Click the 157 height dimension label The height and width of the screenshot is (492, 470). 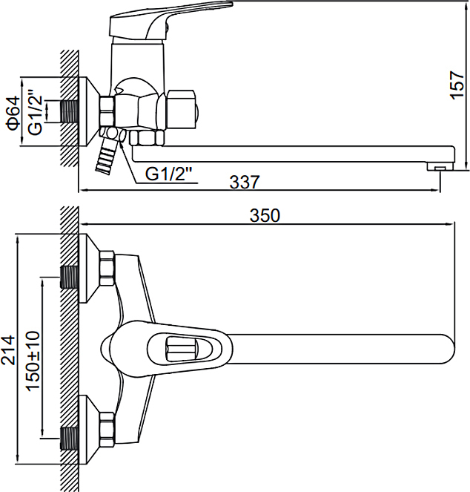tap(457, 85)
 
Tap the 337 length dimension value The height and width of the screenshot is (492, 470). tap(245, 182)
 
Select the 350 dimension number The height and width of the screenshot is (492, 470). tap(265, 215)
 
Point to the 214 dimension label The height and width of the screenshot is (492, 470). tap(8, 350)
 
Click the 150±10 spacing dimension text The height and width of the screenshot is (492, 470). tap(33, 361)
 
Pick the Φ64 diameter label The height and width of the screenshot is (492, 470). tap(13, 114)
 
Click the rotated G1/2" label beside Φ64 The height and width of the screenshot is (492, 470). tap(35, 113)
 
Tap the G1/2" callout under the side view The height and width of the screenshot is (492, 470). tap(168, 174)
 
